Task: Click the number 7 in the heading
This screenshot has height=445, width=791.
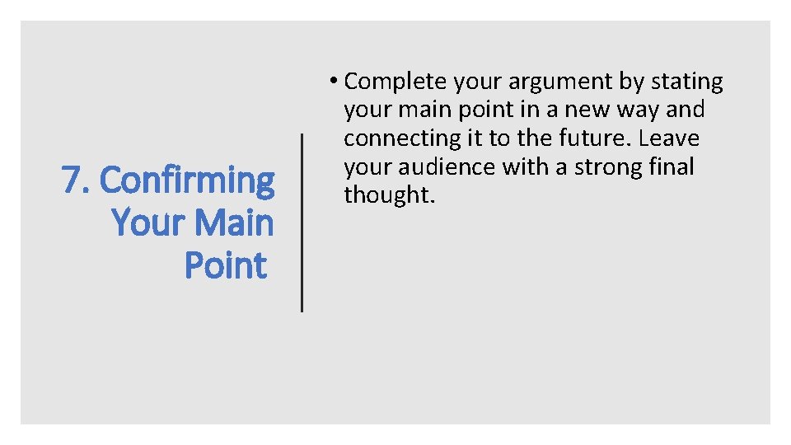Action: point(72,180)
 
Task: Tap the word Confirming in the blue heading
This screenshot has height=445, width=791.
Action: point(187,180)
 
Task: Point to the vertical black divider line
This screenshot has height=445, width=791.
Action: point(302,222)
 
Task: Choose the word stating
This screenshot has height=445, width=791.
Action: point(687,82)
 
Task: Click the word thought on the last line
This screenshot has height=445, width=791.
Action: point(386,194)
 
